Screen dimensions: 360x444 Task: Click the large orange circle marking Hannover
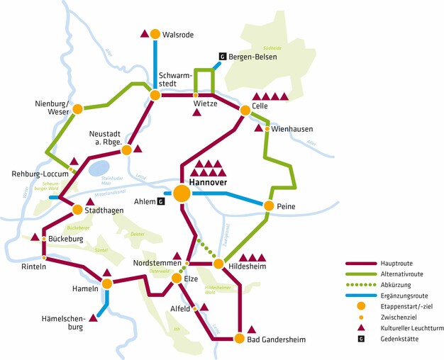click(x=182, y=193)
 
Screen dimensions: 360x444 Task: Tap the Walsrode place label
click(x=177, y=34)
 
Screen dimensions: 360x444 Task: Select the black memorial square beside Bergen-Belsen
click(x=222, y=56)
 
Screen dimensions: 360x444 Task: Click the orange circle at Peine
click(x=269, y=206)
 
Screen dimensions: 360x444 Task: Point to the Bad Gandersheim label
click(x=276, y=340)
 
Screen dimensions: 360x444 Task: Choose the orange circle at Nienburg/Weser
click(x=77, y=109)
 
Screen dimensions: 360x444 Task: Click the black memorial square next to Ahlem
click(x=160, y=201)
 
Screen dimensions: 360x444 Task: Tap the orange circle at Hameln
click(x=106, y=283)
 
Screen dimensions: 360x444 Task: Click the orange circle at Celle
click(x=245, y=110)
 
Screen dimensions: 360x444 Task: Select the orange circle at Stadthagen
click(x=78, y=210)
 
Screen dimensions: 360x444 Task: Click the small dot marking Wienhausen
click(x=267, y=129)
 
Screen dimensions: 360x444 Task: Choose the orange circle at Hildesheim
click(x=218, y=264)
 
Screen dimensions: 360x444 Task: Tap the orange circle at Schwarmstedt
click(x=154, y=94)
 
